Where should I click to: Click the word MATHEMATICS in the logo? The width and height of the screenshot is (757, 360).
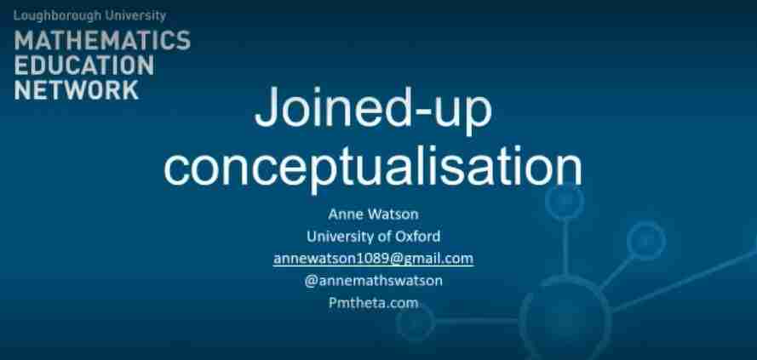click(102, 40)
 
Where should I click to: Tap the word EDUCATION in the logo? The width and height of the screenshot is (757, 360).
click(84, 65)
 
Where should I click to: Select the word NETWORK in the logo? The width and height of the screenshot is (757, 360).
click(76, 89)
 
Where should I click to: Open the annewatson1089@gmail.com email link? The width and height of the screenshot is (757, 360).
click(373, 258)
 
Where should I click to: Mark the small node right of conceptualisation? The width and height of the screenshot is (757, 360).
click(564, 201)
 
